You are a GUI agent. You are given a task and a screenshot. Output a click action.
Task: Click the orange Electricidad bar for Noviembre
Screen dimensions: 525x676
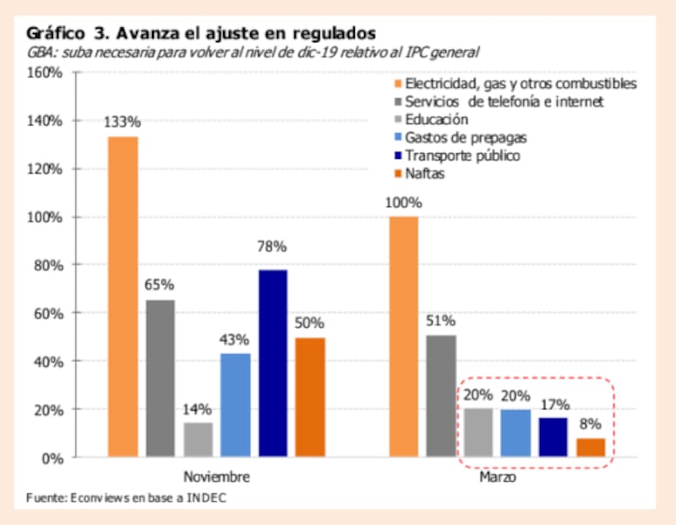click(x=123, y=297)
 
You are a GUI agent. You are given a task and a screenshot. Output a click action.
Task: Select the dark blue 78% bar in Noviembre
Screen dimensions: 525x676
click(x=272, y=364)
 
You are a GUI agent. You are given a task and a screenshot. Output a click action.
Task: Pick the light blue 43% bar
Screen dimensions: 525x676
click(x=235, y=405)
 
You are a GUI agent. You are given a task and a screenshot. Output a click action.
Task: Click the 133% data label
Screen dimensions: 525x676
click(x=123, y=122)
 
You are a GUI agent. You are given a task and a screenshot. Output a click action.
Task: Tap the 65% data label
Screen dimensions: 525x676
click(x=161, y=285)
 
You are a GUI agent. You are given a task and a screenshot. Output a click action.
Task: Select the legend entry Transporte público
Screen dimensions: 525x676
click(x=462, y=156)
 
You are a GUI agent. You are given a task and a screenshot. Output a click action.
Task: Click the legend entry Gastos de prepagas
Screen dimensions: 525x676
click(x=458, y=138)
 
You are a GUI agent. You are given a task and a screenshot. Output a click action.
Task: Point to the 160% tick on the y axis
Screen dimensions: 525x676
click(x=46, y=73)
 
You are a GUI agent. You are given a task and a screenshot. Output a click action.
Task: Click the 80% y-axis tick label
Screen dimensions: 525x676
click(x=49, y=265)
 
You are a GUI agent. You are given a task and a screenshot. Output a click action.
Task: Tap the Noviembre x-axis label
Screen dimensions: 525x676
click(x=216, y=477)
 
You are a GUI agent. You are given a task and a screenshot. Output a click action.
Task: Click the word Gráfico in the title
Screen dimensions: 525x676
click(x=56, y=34)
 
